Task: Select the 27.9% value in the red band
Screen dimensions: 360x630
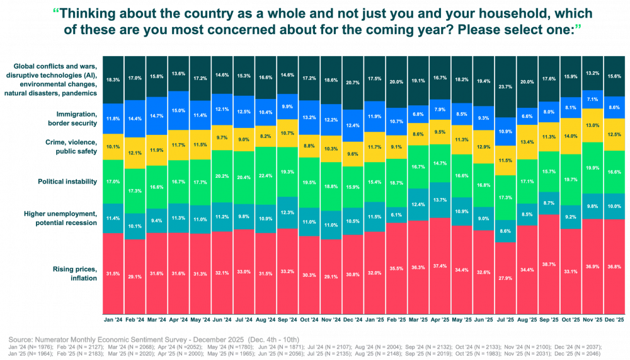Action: [x=505, y=278]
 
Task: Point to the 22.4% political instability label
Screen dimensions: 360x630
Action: [x=265, y=176]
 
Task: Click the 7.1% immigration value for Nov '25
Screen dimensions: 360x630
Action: [x=592, y=99]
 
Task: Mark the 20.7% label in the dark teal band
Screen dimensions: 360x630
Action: [x=352, y=83]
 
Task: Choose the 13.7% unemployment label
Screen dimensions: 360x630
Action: [x=439, y=200]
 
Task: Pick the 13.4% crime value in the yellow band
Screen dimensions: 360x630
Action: [x=527, y=142]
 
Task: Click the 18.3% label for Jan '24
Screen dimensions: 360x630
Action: [x=113, y=80]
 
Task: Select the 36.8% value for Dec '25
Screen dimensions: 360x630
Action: [x=614, y=267]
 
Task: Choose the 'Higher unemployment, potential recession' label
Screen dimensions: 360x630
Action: [x=63, y=219]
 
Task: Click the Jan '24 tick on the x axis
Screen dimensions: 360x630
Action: [x=113, y=320]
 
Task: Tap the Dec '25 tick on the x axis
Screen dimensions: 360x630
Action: [x=614, y=320]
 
